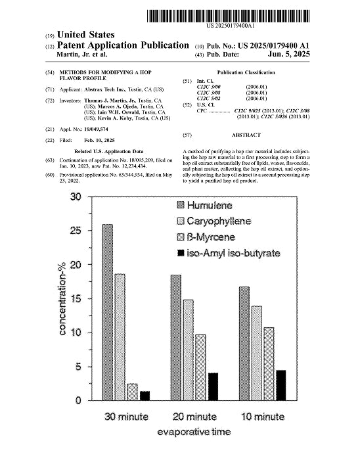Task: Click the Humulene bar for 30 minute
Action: (108, 312)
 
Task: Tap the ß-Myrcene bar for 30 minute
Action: (132, 392)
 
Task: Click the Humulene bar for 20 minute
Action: (176, 337)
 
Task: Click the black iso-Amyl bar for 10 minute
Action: (281, 385)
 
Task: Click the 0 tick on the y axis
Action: (79, 400)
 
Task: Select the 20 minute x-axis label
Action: (194, 417)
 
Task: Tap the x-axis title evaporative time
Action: (194, 432)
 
